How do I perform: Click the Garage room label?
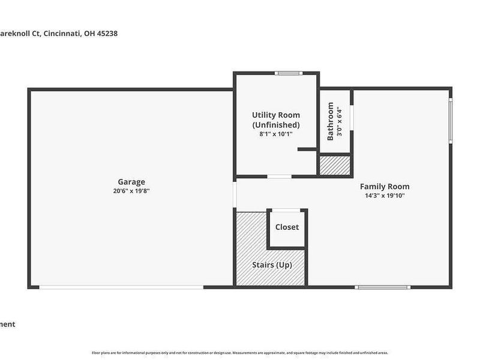(x=131, y=182)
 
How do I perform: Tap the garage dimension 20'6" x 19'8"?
(x=131, y=191)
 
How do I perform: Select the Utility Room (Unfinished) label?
(x=275, y=119)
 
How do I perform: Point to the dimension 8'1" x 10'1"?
(x=275, y=134)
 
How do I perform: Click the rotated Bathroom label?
(x=330, y=121)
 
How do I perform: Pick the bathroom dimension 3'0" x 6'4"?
(x=339, y=122)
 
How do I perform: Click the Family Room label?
(x=385, y=187)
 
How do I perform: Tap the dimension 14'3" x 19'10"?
(x=385, y=196)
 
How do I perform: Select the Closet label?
(x=287, y=227)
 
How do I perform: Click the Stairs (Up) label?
(x=272, y=265)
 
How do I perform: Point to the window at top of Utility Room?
(x=289, y=73)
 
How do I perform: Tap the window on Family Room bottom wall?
(x=383, y=287)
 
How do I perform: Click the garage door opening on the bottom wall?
(x=121, y=287)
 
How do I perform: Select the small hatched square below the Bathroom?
(x=334, y=166)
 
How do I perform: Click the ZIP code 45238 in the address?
(x=106, y=34)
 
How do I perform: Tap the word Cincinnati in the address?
(x=62, y=34)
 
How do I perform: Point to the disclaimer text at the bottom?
(x=240, y=352)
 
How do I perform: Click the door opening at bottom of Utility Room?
(x=279, y=176)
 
